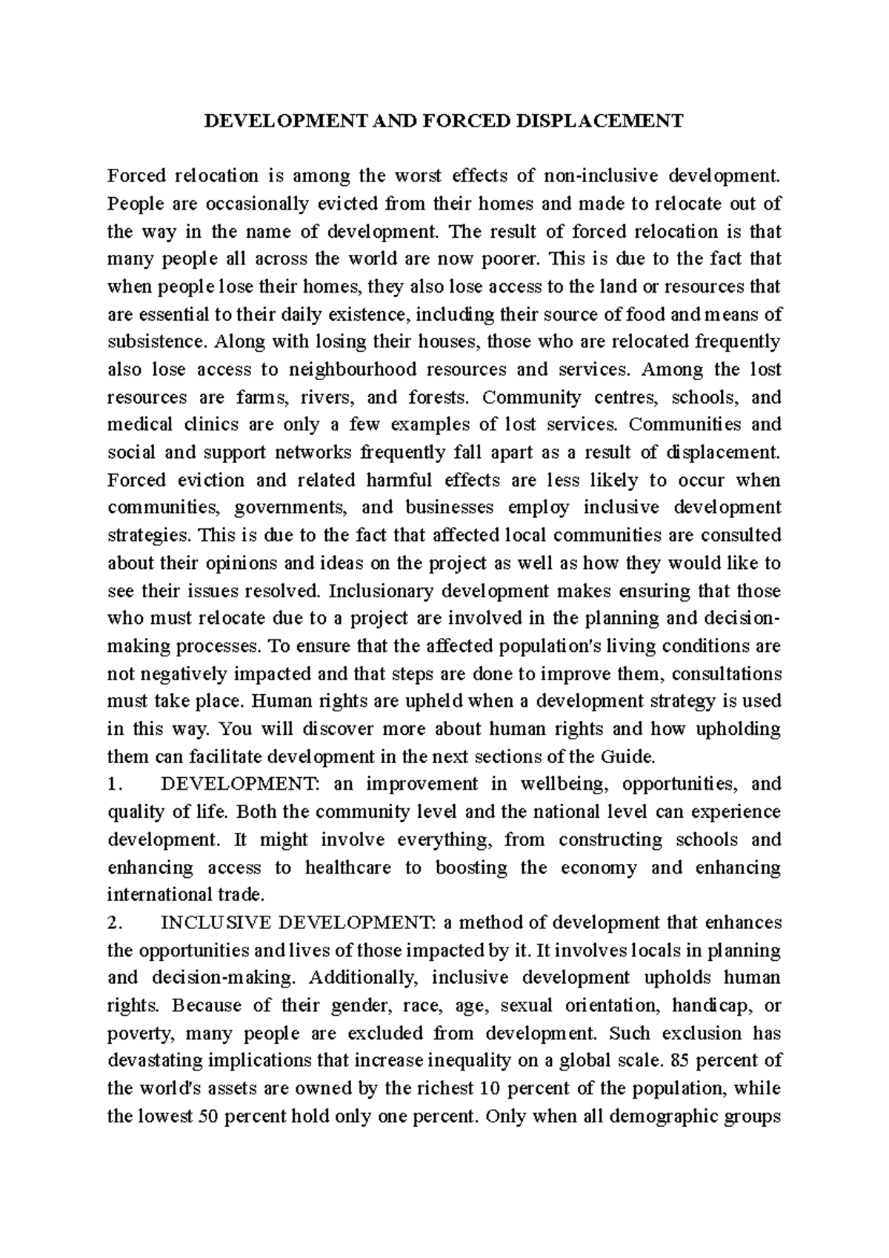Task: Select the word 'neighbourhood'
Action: (344, 370)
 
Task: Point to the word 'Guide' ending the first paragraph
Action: (634, 757)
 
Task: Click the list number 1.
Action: (114, 785)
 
